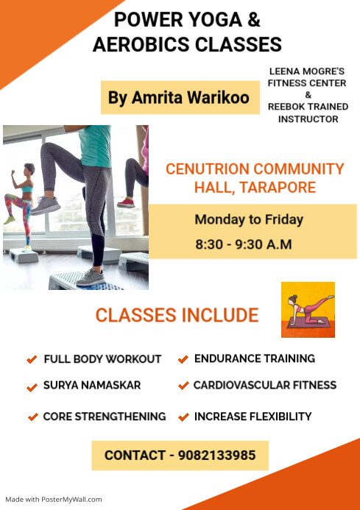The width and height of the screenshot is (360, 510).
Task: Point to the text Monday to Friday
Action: (x=249, y=219)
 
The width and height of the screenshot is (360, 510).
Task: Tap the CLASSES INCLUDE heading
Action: (x=177, y=316)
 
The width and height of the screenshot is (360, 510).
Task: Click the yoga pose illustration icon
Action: (x=308, y=309)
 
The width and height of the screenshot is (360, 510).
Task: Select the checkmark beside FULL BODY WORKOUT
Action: (x=32, y=360)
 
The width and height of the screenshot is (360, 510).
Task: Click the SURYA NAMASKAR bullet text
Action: (x=92, y=385)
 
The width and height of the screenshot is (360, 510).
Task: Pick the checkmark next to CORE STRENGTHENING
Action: (x=32, y=417)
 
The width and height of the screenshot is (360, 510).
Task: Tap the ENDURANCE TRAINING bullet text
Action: (x=255, y=358)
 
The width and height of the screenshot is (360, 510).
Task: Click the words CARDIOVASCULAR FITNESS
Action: (x=265, y=385)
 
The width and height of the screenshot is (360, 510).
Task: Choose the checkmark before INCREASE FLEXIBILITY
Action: (x=183, y=417)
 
